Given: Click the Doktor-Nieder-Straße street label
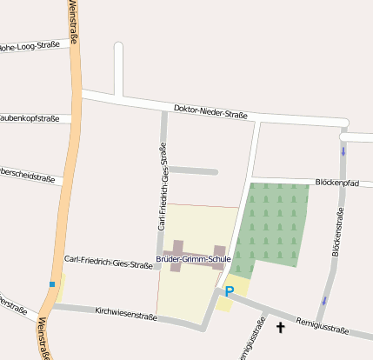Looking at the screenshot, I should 210,111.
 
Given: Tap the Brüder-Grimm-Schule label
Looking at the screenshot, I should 193,259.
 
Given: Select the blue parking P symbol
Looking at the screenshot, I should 230,292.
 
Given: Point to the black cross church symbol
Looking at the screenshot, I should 280,327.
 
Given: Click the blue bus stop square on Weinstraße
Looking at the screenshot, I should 52,284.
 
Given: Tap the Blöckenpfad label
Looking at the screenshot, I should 336,183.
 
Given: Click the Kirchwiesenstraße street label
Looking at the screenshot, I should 126,313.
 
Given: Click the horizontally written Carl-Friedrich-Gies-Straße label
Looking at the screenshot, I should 108,262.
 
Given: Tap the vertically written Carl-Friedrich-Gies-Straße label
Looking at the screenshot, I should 162,188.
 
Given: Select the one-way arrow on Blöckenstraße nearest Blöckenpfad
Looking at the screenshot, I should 343,151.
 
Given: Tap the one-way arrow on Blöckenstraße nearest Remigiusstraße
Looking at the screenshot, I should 325,300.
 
